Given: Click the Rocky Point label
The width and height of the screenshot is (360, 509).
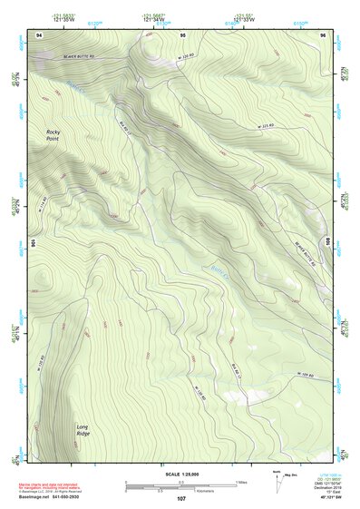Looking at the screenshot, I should (x=60, y=137).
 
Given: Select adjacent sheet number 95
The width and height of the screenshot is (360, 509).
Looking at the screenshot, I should (x=182, y=34).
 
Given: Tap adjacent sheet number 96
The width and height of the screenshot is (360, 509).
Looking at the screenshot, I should (x=324, y=34).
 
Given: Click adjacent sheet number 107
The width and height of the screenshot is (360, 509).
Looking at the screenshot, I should (x=181, y=497).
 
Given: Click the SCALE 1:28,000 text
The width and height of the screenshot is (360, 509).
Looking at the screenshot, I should (x=181, y=474).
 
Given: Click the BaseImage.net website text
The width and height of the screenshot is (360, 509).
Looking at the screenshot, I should (x=54, y=497).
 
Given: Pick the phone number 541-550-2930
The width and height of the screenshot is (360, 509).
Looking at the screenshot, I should (x=91, y=497).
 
